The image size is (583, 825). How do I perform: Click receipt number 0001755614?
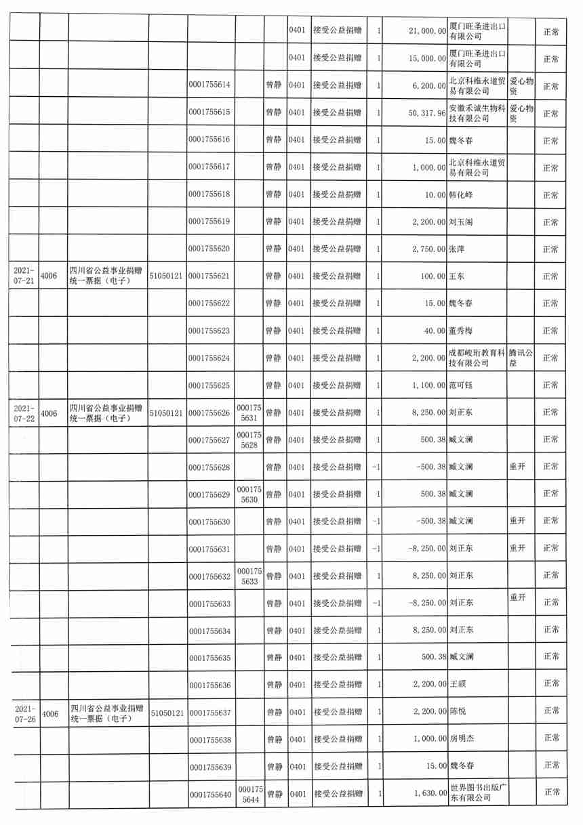pyautogui.click(x=211, y=86)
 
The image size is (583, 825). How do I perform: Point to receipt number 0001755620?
pyautogui.click(x=211, y=249)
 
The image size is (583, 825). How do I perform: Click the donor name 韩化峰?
pyautogui.click(x=461, y=195)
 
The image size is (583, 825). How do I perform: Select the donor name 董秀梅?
pyautogui.click(x=461, y=331)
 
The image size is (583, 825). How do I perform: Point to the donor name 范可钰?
pyautogui.click(x=461, y=385)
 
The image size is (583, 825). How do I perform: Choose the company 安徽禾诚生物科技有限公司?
pyautogui.click(x=477, y=113)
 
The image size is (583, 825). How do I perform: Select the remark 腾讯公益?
pyautogui.click(x=521, y=358)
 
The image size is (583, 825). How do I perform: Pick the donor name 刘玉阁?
pyautogui.click(x=461, y=222)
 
